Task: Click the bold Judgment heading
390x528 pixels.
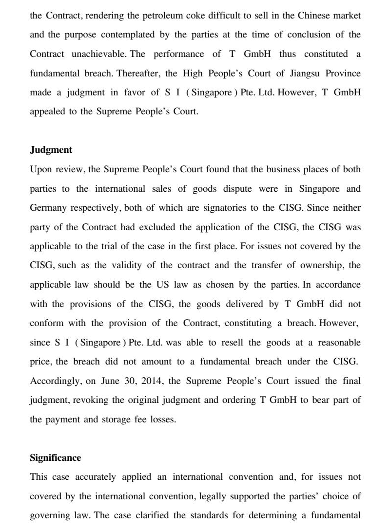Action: [51, 150]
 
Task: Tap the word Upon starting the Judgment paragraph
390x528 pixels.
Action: [40, 169]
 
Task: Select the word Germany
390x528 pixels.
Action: [47, 208]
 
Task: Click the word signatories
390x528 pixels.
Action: [220, 208]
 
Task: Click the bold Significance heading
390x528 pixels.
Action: [55, 458]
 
